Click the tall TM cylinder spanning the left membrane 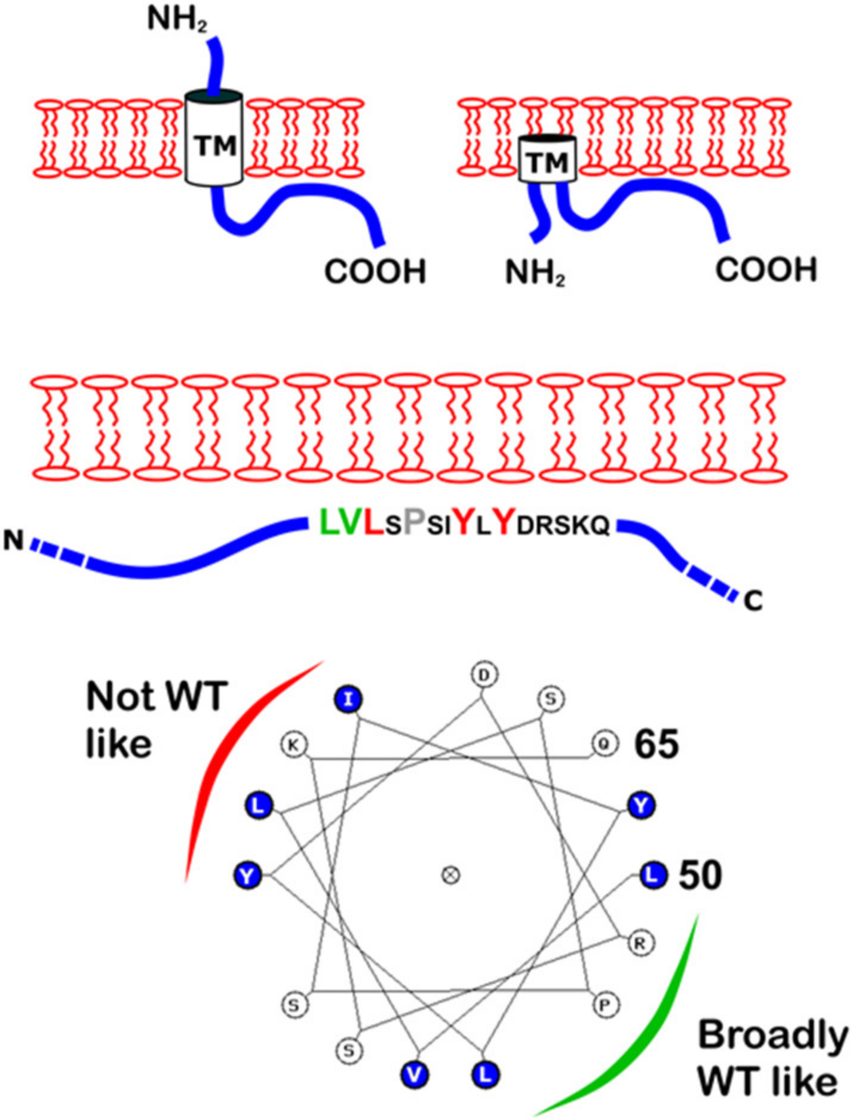pyautogui.click(x=214, y=139)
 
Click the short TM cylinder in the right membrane pyautogui.click(x=547, y=160)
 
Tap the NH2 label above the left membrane pyautogui.click(x=177, y=20)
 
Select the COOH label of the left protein pyautogui.click(x=375, y=272)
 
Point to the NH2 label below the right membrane pyautogui.click(x=535, y=274)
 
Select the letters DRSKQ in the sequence pyautogui.click(x=563, y=526)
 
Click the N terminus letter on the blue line pyautogui.click(x=14, y=541)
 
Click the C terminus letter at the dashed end pyautogui.click(x=753, y=601)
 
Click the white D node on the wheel pyautogui.click(x=484, y=675)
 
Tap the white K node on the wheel pyautogui.click(x=293, y=745)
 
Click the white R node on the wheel pyautogui.click(x=640, y=943)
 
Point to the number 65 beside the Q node pyautogui.click(x=656, y=745)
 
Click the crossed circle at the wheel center pyautogui.click(x=450, y=875)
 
